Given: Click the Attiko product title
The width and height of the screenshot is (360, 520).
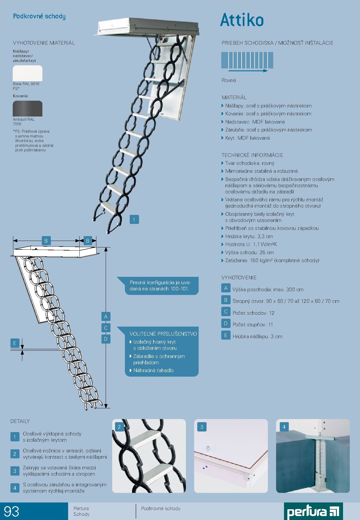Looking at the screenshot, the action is pyautogui.click(x=242, y=20).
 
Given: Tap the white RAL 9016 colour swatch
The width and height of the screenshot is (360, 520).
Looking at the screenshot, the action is pyautogui.click(x=28, y=73).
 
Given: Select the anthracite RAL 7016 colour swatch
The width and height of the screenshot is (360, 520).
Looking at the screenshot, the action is pyautogui.click(x=28, y=109).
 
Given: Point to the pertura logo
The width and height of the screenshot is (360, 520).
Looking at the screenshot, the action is pyautogui.click(x=313, y=511).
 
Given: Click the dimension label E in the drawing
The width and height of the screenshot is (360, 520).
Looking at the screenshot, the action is pyautogui.click(x=15, y=343).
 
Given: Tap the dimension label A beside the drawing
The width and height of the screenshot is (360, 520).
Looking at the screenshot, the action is pyautogui.click(x=106, y=316).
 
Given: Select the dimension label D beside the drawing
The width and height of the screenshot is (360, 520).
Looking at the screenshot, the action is pyautogui.click(x=106, y=339).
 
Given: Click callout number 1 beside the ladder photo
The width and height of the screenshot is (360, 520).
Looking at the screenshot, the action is pyautogui.click(x=134, y=219).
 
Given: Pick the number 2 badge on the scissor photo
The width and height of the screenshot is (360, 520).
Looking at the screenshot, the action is pyautogui.click(x=119, y=427).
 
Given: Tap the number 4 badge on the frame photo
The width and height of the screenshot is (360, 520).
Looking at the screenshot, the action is pyautogui.click(x=284, y=427).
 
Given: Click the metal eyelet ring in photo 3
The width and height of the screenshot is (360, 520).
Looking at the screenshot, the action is pyautogui.click(x=208, y=448).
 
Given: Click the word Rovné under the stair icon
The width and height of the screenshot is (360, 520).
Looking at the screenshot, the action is pyautogui.click(x=229, y=80).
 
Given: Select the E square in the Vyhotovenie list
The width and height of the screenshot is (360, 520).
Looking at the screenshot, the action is pyautogui.click(x=226, y=335).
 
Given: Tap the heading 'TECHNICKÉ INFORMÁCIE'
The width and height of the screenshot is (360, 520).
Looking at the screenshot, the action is pyautogui.click(x=252, y=155).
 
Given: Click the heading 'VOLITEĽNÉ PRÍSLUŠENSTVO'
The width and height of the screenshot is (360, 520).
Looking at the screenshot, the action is pyautogui.click(x=163, y=334).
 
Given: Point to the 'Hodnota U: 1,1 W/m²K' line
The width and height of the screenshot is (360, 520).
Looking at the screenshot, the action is pyautogui.click(x=251, y=244).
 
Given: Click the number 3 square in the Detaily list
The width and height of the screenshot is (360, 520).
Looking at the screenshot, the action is pyautogui.click(x=15, y=471).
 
